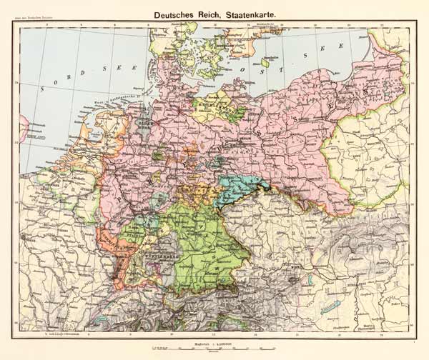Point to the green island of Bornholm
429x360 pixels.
click(266, 62)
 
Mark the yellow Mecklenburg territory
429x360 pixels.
click(214, 107)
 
